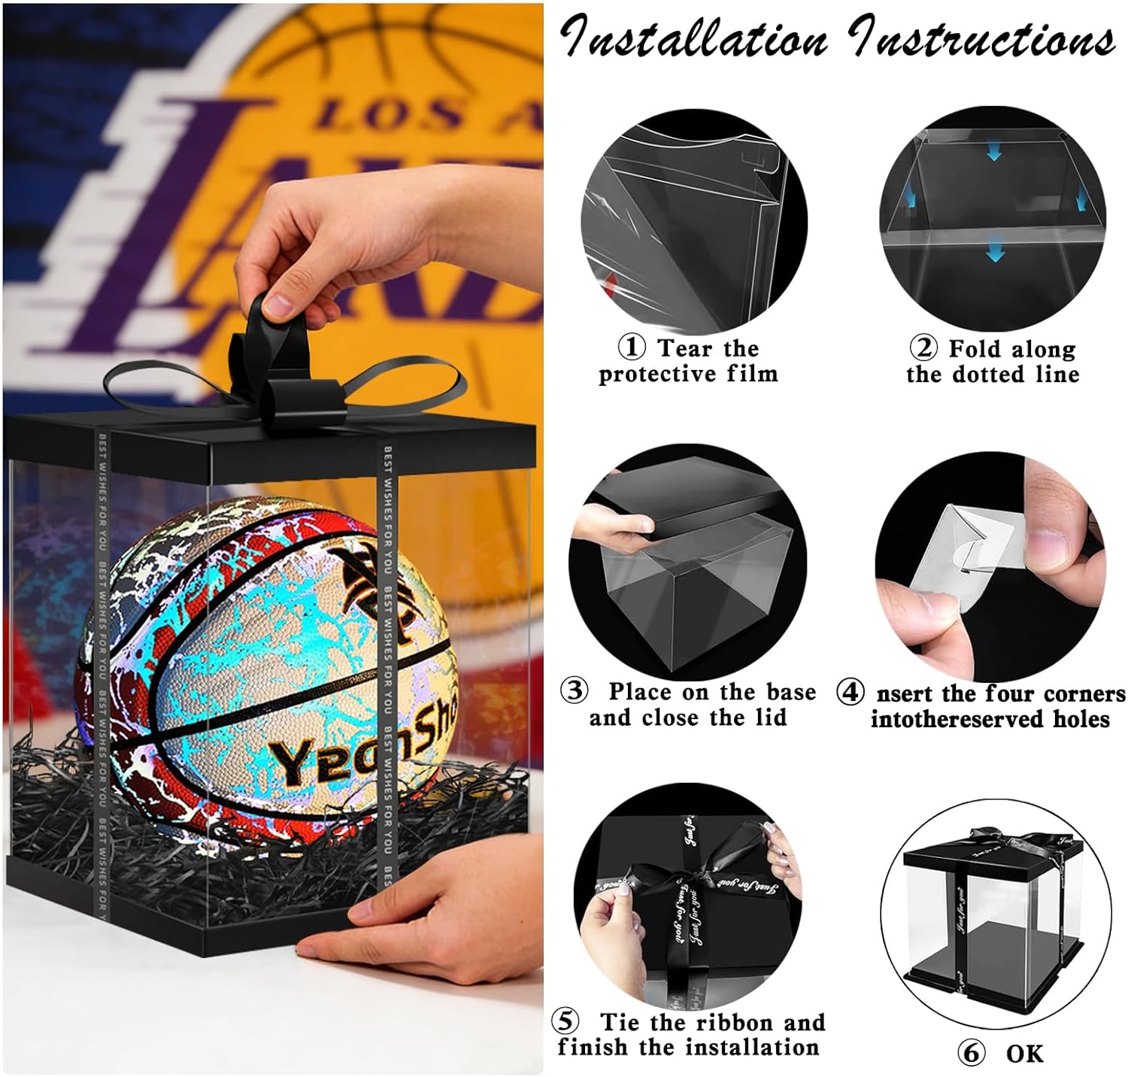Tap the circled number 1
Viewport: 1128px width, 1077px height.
pyautogui.click(x=632, y=347)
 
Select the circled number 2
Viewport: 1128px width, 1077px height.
pyautogui.click(x=924, y=348)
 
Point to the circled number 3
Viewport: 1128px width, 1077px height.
pyautogui.click(x=575, y=690)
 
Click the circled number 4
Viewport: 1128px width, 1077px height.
pyautogui.click(x=851, y=692)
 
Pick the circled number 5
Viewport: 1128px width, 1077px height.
pyautogui.click(x=566, y=1021)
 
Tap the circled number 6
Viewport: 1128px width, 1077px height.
pyautogui.click(x=972, y=1053)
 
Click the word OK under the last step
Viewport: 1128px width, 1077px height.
pyautogui.click(x=1024, y=1054)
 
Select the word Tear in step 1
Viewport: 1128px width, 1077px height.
pyautogui.click(x=684, y=348)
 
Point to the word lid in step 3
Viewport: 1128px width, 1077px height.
pyautogui.click(x=769, y=717)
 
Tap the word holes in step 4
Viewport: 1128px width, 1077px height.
pyautogui.click(x=1080, y=719)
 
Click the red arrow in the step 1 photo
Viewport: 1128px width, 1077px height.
pyautogui.click(x=610, y=284)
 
